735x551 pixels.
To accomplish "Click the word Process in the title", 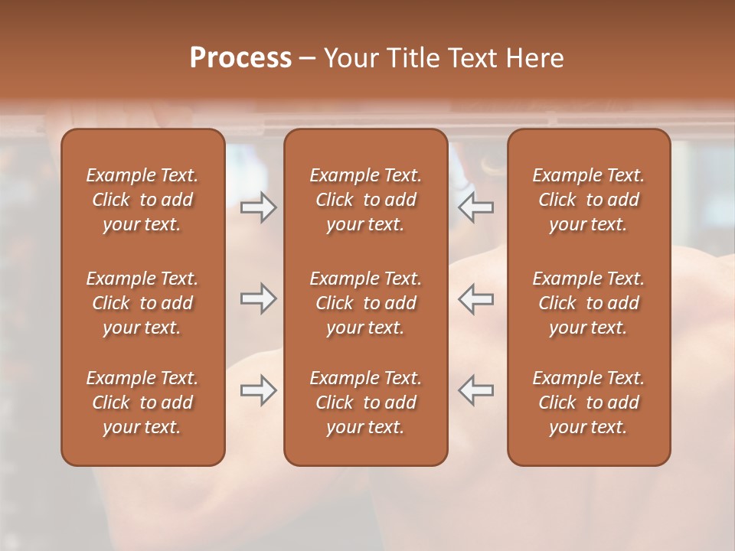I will [240, 58].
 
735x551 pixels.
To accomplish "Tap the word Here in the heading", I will [535, 58].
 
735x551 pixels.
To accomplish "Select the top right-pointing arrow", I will [259, 207].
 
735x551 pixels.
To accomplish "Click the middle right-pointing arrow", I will [259, 298].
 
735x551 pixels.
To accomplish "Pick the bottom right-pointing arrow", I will [259, 390].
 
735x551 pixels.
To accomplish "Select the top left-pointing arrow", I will [476, 207].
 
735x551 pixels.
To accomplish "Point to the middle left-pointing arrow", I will [476, 298].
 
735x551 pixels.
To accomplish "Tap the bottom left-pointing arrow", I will [476, 390].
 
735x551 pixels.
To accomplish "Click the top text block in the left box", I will [142, 200].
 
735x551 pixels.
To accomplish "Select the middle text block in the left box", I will [142, 303].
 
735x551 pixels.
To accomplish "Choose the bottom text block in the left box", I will [142, 403].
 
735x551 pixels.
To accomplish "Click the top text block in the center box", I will [365, 200].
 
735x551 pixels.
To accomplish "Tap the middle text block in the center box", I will [365, 303].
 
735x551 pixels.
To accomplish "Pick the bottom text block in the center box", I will [365, 403].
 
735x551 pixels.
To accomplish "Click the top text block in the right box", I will [588, 200].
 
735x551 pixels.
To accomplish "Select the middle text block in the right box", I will [588, 303].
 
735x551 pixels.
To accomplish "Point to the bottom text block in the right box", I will [588, 403].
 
